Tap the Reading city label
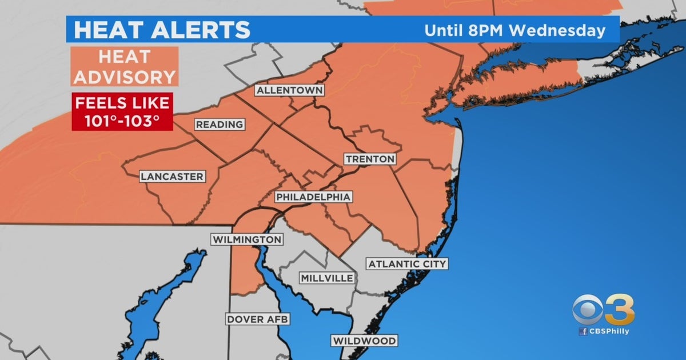(x=220, y=125)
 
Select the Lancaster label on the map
(x=172, y=177)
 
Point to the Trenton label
(x=370, y=159)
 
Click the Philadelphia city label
(x=313, y=197)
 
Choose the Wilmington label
(x=248, y=239)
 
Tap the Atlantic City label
(x=407, y=264)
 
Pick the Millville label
(x=327, y=278)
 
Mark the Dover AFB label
(x=257, y=319)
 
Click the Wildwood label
(x=364, y=341)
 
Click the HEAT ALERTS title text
(x=162, y=30)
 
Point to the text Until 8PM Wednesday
(x=514, y=30)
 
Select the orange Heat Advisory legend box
(x=125, y=66)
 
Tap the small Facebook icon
(x=583, y=332)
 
